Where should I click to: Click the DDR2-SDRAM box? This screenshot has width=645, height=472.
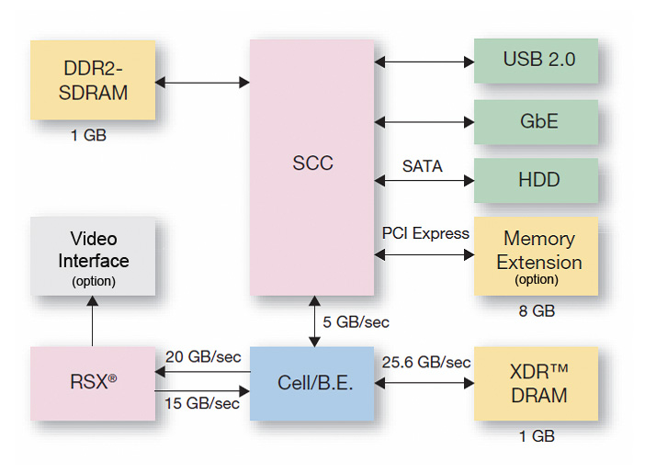coord(93,80)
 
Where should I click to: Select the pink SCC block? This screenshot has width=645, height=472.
coord(312,165)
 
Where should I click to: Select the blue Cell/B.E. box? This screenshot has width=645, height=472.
coord(312,384)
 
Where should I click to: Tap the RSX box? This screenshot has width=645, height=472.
coord(93,384)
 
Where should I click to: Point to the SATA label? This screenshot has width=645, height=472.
coord(422,166)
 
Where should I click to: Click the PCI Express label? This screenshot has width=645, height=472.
coord(425,233)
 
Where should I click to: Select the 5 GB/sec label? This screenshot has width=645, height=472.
coord(356,322)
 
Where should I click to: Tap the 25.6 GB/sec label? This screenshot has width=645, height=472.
coord(425,363)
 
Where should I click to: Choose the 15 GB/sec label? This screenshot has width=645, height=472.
coord(202,403)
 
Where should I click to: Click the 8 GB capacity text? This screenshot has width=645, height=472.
coord(537,311)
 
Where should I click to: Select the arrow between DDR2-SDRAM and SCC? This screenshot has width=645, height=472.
coord(202,83)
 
